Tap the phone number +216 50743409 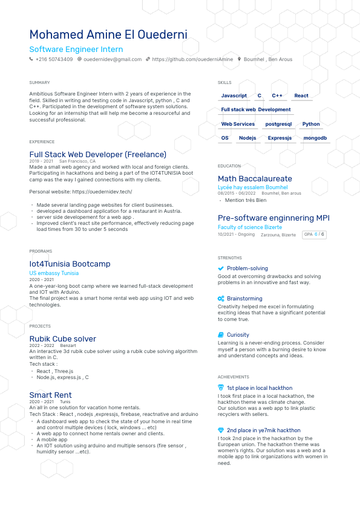(54, 59)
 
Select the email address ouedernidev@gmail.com (113, 59)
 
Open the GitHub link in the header (192, 59)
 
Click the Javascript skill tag (234, 96)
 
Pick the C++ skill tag (277, 96)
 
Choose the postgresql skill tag (278, 124)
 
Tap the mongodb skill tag (315, 138)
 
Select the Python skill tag (311, 124)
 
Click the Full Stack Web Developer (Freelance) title (97, 154)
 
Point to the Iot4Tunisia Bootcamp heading (70, 264)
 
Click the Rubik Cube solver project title (62, 339)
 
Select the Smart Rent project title (50, 395)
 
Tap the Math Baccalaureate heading (255, 179)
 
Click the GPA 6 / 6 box (314, 234)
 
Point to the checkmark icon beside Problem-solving (221, 268)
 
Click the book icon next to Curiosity (221, 335)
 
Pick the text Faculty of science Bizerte (250, 227)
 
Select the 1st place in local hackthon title (260, 388)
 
